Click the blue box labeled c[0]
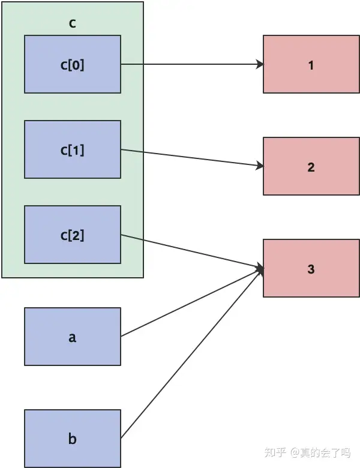73,64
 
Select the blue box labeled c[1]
73,149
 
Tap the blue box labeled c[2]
73,235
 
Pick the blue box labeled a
73,337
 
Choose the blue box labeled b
73,439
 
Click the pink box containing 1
311,64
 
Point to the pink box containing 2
311,166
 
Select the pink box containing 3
311,268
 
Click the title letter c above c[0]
72,23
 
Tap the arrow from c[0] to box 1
192,64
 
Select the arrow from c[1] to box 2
192,158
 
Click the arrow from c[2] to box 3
192,251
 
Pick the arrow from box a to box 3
192,302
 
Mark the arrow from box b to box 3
192,353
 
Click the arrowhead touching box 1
260,64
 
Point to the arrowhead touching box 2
260,166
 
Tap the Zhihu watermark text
307,452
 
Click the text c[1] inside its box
72,150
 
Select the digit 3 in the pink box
311,269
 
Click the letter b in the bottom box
73,439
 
